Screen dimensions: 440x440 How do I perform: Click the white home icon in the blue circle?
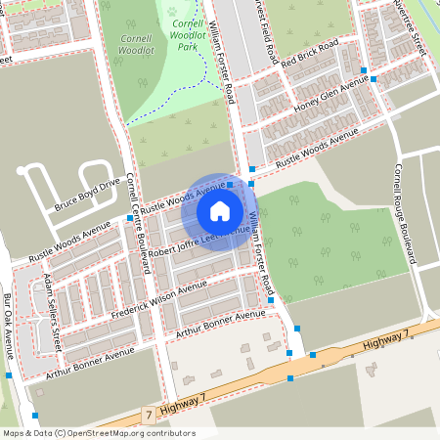220,211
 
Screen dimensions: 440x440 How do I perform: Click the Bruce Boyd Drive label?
87,193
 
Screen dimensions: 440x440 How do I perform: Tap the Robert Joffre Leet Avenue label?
193,238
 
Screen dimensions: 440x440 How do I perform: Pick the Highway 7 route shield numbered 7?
149,416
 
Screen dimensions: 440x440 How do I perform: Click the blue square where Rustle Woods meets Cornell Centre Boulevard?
130,219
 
